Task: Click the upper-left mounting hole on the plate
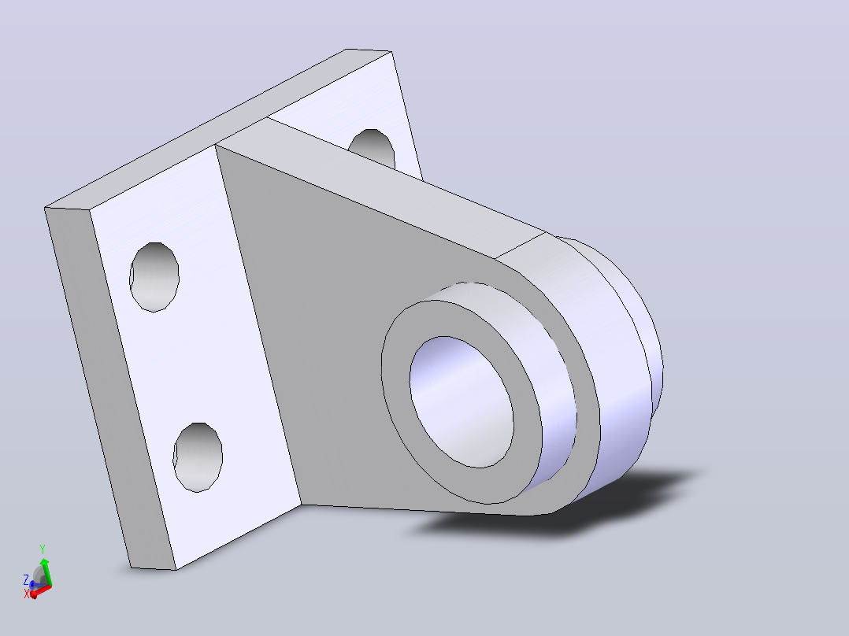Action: (x=154, y=277)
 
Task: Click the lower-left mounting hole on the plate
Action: (x=198, y=457)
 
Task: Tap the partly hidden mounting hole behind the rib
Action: (x=373, y=147)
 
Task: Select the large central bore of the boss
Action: (x=462, y=401)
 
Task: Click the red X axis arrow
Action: (x=40, y=591)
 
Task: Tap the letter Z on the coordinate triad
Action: (x=25, y=580)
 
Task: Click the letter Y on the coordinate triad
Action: (x=43, y=549)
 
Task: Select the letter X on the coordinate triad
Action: (x=27, y=594)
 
